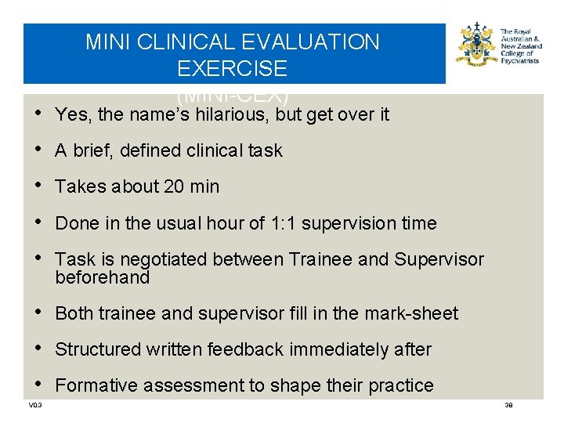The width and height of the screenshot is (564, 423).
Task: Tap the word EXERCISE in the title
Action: click(x=232, y=69)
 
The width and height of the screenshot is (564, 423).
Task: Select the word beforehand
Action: click(x=102, y=277)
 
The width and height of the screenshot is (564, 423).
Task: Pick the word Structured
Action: click(x=99, y=349)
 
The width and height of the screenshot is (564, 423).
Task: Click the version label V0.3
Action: click(x=34, y=405)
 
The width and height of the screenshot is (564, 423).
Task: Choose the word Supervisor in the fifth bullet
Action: click(x=439, y=259)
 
